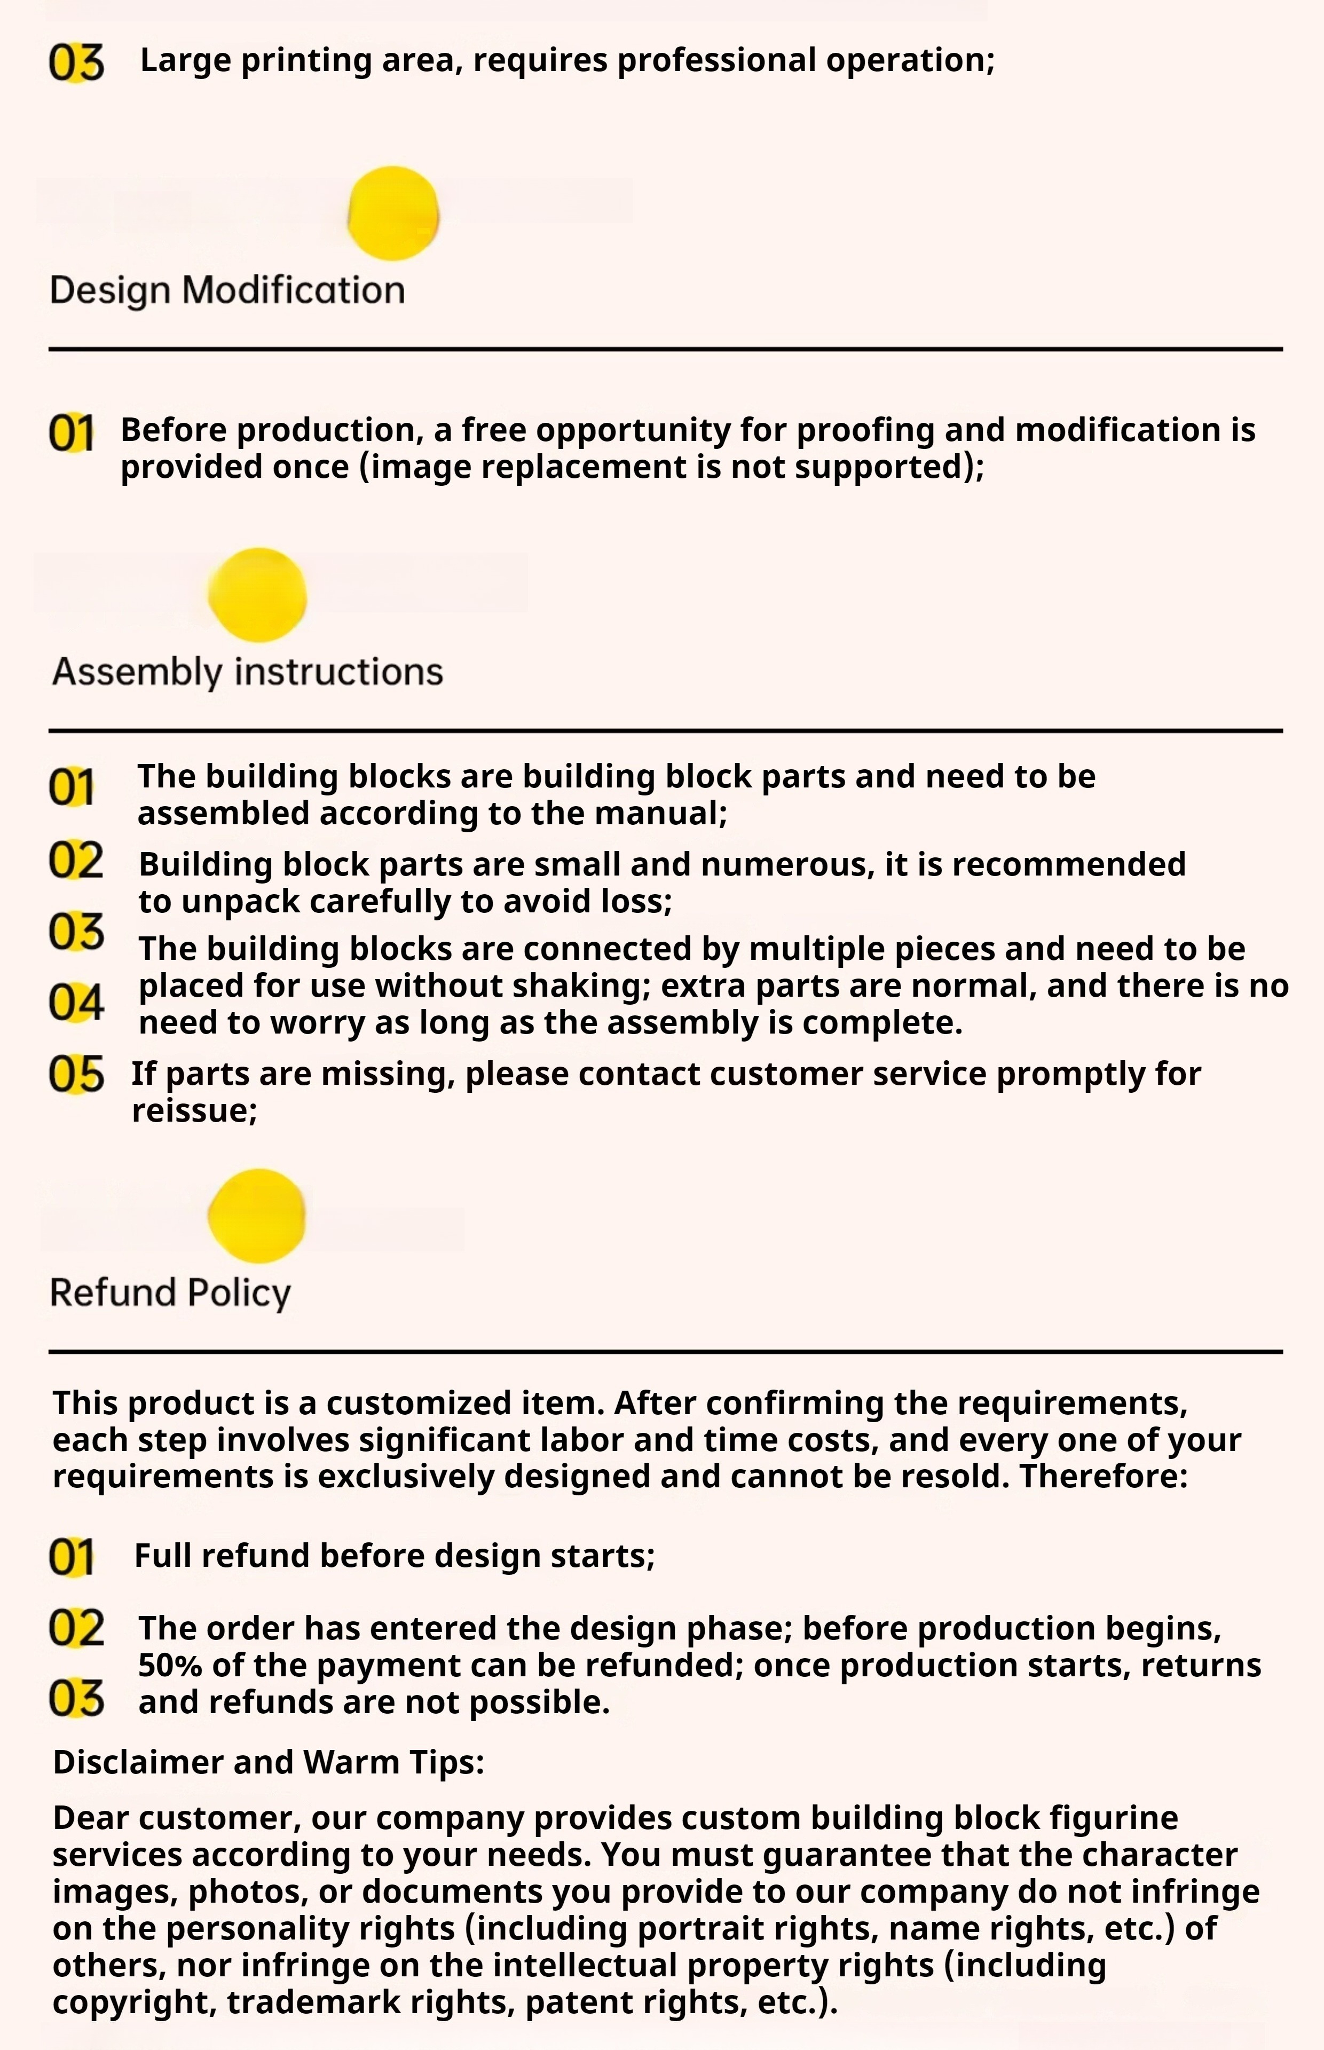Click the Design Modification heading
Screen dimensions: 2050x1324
tap(227, 290)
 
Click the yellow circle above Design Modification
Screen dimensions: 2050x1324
tap(393, 213)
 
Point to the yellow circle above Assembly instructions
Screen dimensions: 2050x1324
tap(258, 595)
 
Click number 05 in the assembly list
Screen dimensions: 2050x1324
tap(76, 1075)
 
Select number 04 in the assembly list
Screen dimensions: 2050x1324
tap(76, 1002)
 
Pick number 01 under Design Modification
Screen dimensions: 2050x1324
tap(70, 432)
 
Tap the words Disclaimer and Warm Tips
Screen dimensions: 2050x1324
tap(268, 1762)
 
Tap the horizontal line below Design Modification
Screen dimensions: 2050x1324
tap(665, 349)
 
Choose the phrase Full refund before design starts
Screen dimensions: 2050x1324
tap(395, 1556)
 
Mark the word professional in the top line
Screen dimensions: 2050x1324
tap(716, 60)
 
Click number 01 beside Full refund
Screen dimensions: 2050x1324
tap(70, 1557)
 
